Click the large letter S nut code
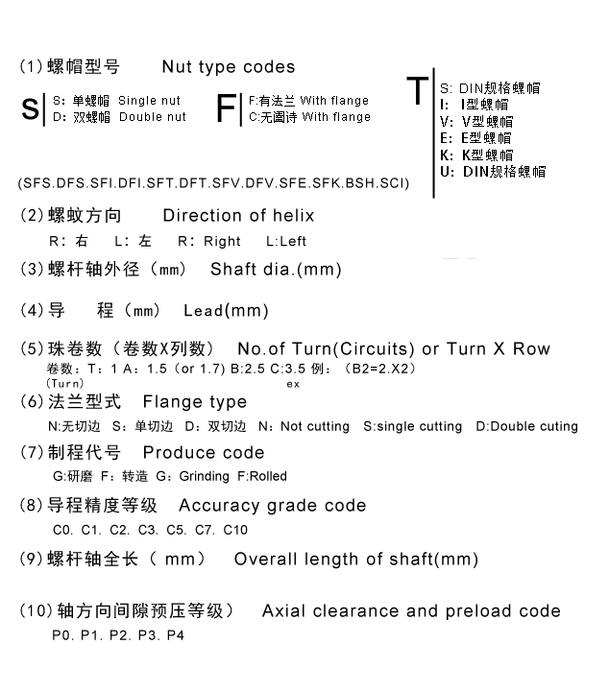click(29, 108)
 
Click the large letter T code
click(417, 91)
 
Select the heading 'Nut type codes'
click(229, 67)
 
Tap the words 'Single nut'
click(152, 100)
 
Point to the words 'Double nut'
click(154, 117)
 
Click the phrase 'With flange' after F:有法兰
click(335, 100)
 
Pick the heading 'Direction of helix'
click(238, 215)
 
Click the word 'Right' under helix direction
click(223, 242)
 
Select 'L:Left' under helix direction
click(286, 242)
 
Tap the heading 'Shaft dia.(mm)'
click(276, 270)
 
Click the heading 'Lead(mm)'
click(226, 311)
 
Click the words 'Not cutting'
click(316, 426)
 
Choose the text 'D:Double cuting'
click(527, 426)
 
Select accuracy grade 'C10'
click(235, 529)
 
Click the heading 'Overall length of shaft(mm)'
click(356, 560)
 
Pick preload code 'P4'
click(176, 636)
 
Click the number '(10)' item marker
click(34, 611)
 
